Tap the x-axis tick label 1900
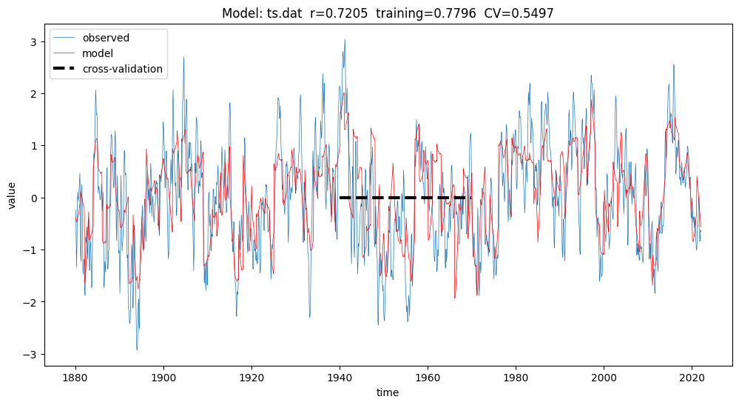[x=163, y=377]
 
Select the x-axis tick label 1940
[x=340, y=377]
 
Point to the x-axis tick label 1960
[x=428, y=377]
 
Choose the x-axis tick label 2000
[x=604, y=377]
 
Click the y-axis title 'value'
[x=13, y=198]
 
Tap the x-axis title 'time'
[x=387, y=392]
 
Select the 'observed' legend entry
[x=106, y=38]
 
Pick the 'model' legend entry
[x=98, y=53]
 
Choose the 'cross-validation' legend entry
[x=123, y=69]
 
